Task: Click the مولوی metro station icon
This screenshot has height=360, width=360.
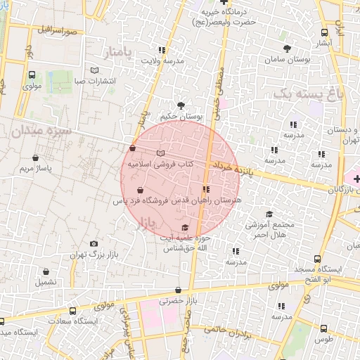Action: pos(32,75)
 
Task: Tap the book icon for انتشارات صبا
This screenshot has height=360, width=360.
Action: pos(95,70)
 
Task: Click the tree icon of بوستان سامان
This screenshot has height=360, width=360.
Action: pos(287,48)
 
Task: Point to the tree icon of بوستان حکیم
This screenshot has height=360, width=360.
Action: pos(181,105)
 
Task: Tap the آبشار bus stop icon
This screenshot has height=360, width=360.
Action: pos(324,32)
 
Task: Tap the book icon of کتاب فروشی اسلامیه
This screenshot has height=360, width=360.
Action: pos(161,153)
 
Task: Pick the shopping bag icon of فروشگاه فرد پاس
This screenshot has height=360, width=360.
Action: pos(140,191)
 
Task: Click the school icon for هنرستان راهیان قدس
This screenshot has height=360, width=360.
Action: pos(205,189)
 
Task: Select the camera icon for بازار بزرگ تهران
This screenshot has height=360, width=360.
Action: pos(94,244)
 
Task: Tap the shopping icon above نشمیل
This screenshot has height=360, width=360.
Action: pos(46,271)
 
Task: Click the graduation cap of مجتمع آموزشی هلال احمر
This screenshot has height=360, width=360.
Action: pos(269,214)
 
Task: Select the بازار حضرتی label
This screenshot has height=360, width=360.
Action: pos(175,300)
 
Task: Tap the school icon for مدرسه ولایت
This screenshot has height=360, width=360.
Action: pos(162,50)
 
